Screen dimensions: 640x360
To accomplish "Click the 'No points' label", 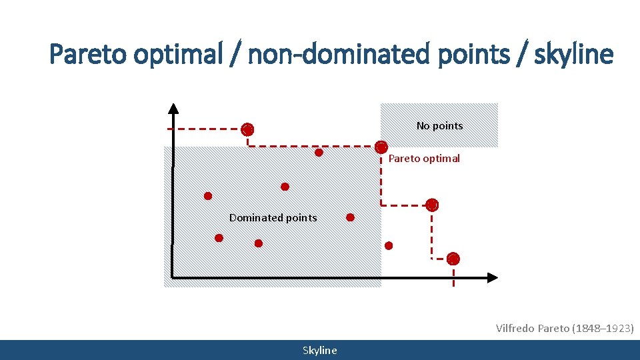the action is (439, 125).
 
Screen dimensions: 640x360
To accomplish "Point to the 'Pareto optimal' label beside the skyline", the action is (424, 159).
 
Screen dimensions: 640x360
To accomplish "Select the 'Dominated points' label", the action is (273, 217).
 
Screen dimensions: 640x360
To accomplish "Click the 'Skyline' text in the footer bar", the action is (320, 351).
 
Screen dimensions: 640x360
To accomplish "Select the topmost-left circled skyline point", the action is (247, 129).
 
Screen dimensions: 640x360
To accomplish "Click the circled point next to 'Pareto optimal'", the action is (381, 147).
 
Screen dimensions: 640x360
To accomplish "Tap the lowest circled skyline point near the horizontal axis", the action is (453, 259).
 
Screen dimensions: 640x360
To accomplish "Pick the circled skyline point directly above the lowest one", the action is (432, 205).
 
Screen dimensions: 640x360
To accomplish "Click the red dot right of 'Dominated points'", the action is (351, 217).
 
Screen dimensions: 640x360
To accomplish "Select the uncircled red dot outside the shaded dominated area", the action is (389, 245).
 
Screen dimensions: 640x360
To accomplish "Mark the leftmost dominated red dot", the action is (208, 196).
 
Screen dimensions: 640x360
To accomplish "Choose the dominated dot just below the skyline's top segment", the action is (319, 153).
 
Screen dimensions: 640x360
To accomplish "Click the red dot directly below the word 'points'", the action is (259, 243).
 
